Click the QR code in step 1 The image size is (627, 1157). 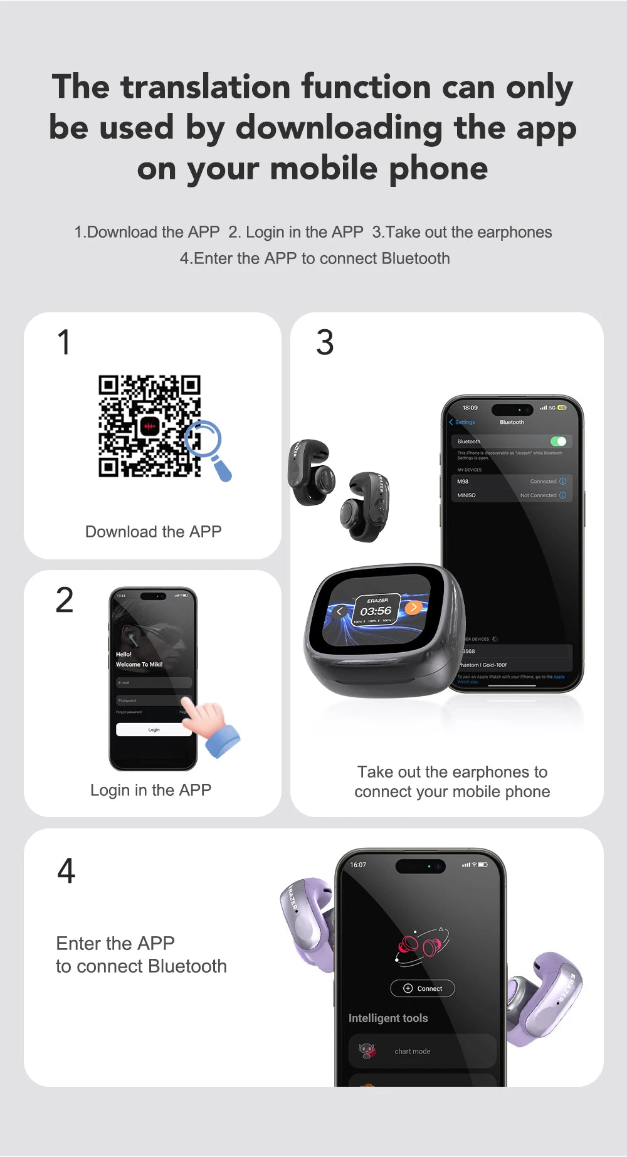(149, 426)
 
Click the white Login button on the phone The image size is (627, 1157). (154, 729)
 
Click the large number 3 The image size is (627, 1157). (325, 342)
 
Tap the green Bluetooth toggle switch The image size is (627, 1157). (558, 441)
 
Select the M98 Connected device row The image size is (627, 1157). (511, 482)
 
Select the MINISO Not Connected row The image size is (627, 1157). (511, 495)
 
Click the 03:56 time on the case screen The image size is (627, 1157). (376, 611)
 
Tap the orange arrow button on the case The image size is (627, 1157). (413, 607)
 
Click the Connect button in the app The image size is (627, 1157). (423, 988)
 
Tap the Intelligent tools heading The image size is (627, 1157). (388, 1018)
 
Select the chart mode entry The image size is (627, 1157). (412, 1051)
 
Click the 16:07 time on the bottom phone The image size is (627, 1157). (358, 865)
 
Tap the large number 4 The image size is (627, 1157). (66, 870)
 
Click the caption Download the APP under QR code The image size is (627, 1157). (153, 532)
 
